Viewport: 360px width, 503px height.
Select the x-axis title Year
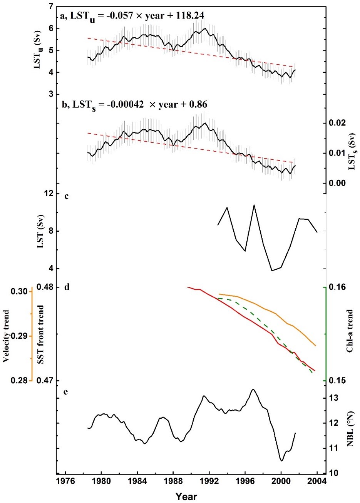click(x=186, y=496)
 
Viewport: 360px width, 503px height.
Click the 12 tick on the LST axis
click(x=49, y=194)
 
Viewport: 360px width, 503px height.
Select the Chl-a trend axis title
click(x=350, y=331)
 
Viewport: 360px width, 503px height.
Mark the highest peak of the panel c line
click(x=254, y=205)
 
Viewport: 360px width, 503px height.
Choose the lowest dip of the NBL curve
click(x=282, y=461)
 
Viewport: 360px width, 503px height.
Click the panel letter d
click(x=67, y=287)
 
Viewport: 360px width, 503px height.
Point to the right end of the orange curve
click(x=316, y=346)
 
